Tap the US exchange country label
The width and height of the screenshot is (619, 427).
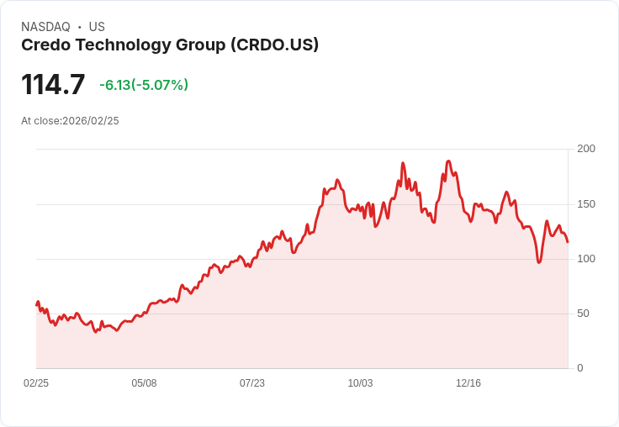97,27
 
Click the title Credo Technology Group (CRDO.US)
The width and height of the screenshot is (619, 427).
170,45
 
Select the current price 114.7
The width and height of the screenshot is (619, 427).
53,85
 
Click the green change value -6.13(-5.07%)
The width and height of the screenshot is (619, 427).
144,85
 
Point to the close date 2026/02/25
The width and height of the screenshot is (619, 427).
91,121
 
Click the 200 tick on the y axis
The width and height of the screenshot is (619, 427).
586,149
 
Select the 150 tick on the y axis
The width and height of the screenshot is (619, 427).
586,203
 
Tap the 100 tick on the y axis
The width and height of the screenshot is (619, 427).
586,258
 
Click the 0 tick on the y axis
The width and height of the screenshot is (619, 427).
580,368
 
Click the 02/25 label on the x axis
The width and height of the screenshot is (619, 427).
36,383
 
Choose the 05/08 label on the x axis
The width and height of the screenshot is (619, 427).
144,383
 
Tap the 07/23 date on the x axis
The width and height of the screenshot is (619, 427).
252,383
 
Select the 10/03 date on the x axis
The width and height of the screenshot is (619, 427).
360,383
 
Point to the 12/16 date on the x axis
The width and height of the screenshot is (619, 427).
468,383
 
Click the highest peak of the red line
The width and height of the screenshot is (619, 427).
448,161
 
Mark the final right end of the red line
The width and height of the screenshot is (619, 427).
568,242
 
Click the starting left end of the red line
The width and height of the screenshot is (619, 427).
37,304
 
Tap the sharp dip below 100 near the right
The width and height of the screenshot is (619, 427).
539,262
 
